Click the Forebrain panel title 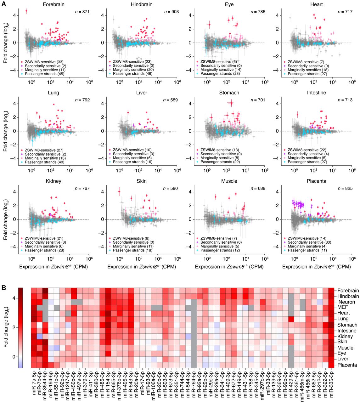pyautogui.click(x=52, y=4)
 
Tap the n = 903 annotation pyautogui.click(x=172, y=12)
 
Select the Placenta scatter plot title pyautogui.click(x=316, y=181)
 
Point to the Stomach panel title pyautogui.click(x=229, y=93)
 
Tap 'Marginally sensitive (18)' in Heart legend pyautogui.click(x=307, y=70)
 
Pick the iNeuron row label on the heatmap pyautogui.click(x=346, y=302)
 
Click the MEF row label pyautogui.click(x=343, y=307)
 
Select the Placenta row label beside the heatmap pyautogui.click(x=347, y=365)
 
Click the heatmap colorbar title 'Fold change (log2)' pyautogui.click(x=6, y=327)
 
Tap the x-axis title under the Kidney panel pyautogui.click(x=53, y=267)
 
